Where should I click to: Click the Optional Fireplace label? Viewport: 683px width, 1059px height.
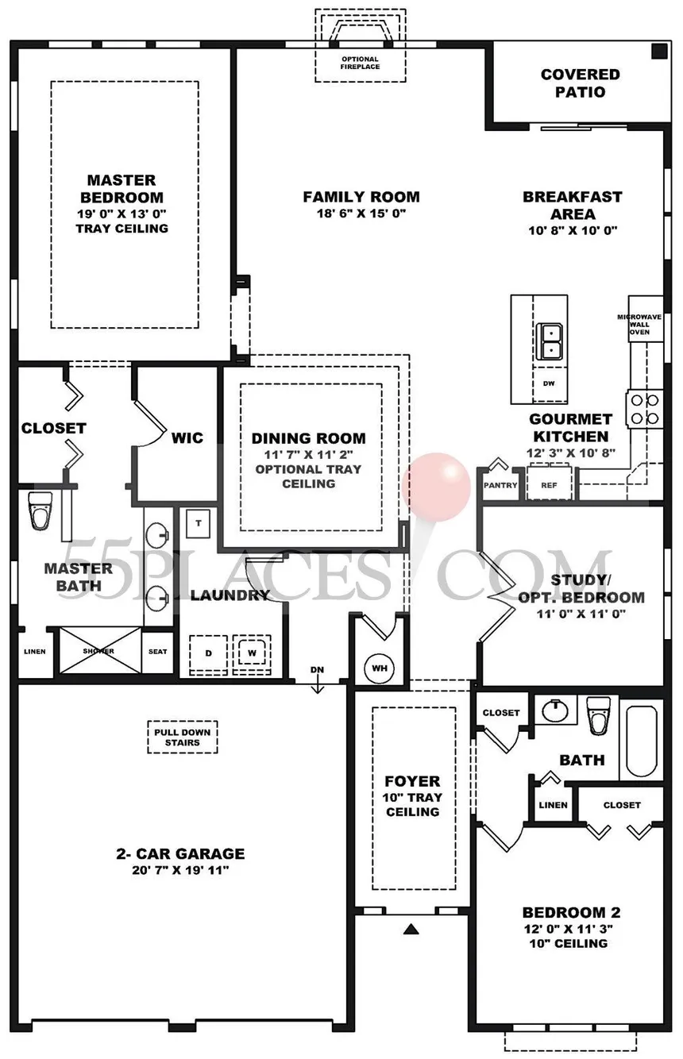coord(360,63)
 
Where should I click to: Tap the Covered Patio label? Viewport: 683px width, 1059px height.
coord(580,83)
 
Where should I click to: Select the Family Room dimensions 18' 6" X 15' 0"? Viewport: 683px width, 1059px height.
coord(361,214)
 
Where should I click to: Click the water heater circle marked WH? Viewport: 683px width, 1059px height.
coord(380,668)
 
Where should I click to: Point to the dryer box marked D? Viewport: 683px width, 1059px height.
coord(209,654)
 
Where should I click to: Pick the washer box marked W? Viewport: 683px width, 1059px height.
coord(252,653)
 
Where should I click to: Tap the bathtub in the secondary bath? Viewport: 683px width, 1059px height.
coord(642,741)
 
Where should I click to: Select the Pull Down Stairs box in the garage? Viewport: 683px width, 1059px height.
coord(183,737)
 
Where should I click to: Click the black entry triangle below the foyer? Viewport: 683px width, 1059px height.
coord(411,929)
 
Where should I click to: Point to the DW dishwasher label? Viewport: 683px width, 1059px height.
coord(549,383)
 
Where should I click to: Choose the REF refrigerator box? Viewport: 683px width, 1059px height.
coord(549,483)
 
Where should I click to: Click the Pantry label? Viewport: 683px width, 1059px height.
coord(500,485)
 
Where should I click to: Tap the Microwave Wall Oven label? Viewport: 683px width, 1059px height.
coord(639,325)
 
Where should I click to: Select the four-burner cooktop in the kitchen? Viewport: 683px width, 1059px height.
coord(645,409)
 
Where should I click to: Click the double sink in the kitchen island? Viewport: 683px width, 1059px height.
coord(549,341)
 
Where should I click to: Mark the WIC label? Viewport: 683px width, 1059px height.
coord(187,437)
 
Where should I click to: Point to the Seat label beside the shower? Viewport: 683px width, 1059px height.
coord(157,652)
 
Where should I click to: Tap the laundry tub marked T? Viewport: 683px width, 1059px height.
coord(199,523)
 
